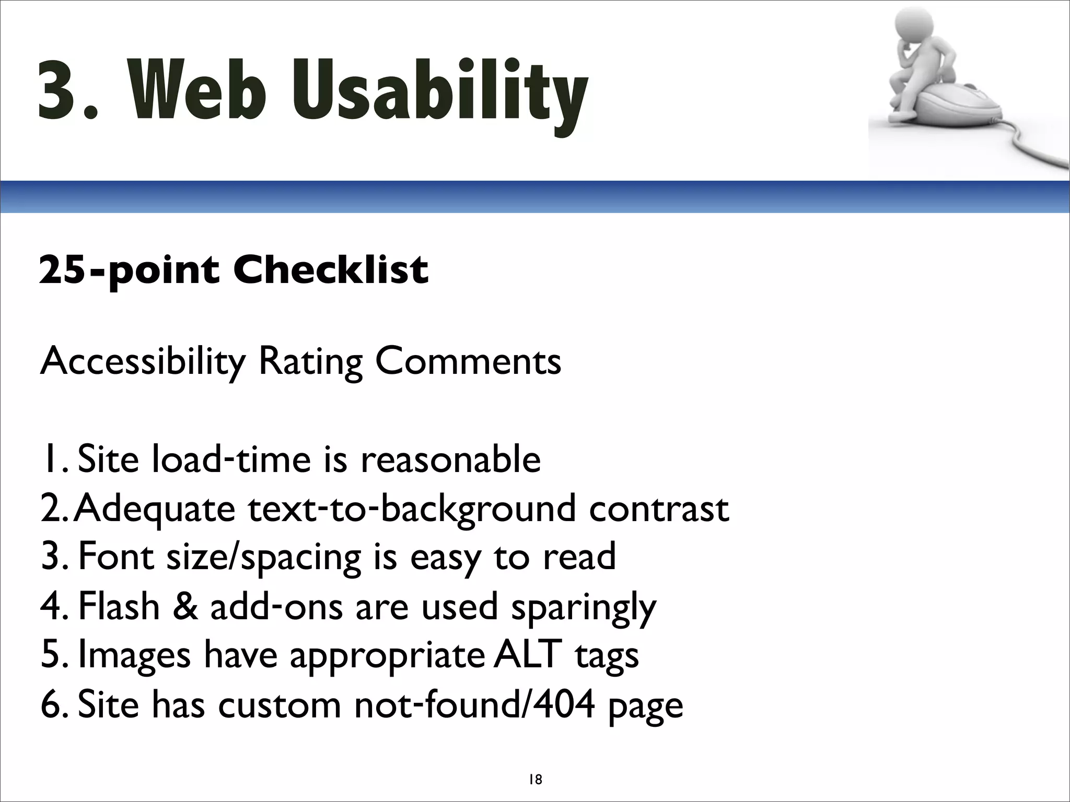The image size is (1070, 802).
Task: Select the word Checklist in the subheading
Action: pos(331,270)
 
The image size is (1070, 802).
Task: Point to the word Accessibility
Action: pos(143,362)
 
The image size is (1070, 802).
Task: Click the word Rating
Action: pos(311,362)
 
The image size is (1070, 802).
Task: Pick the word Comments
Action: pos(468,362)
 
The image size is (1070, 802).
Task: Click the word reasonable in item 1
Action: pos(450,459)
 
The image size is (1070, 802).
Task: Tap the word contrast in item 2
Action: pos(659,509)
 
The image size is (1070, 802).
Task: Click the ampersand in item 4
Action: pos(185,607)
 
